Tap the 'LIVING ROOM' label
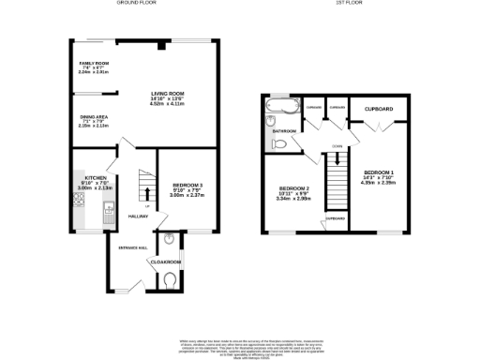click(165, 94)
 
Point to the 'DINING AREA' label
click(94, 117)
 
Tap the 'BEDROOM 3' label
click(184, 185)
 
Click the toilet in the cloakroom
click(169, 279)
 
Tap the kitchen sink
click(109, 208)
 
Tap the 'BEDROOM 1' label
click(379, 172)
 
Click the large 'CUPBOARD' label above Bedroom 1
click(379, 110)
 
